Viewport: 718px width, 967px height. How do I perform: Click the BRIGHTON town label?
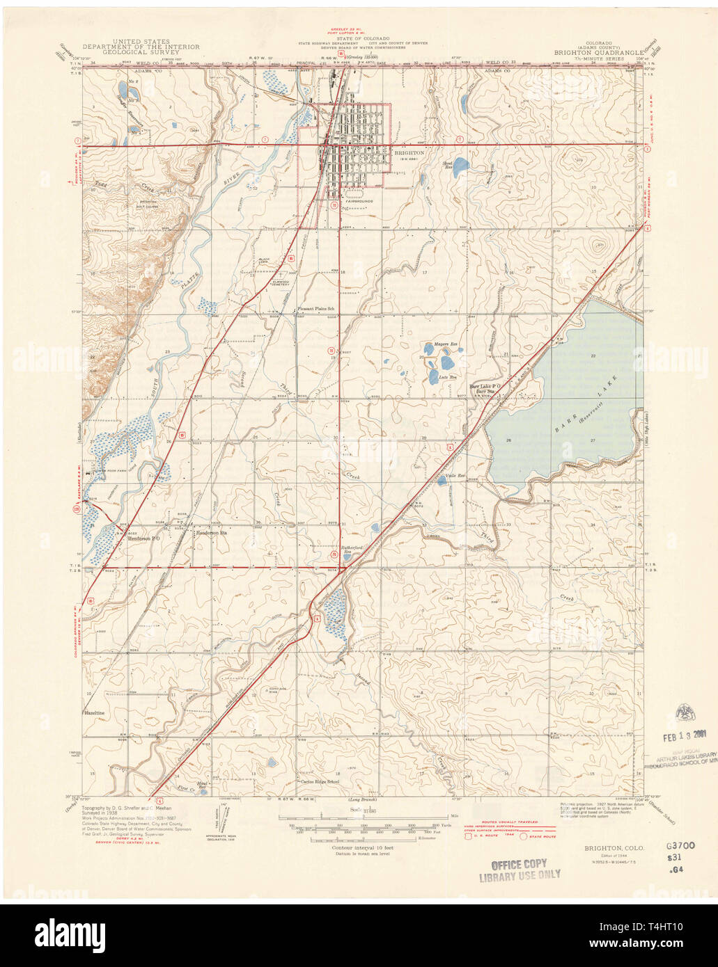[409, 152]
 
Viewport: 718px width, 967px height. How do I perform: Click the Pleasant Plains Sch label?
[317, 309]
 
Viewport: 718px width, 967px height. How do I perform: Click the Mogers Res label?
[443, 344]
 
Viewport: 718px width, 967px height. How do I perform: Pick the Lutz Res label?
[448, 377]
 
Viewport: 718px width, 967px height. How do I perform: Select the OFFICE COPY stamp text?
[519, 863]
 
